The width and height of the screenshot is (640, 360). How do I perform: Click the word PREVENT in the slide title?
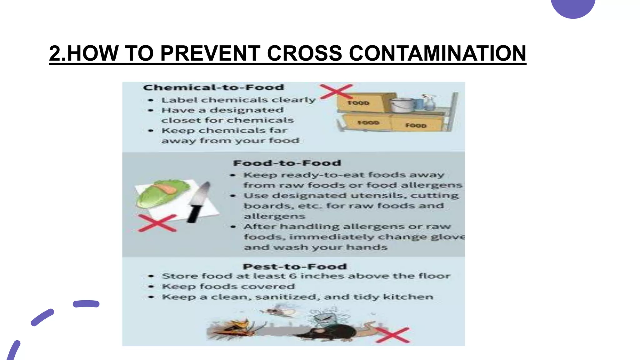click(210, 53)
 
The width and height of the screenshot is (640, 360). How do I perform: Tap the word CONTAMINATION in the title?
click(437, 53)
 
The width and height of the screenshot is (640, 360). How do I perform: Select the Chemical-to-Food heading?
click(213, 87)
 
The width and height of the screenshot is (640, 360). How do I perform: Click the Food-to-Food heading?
click(287, 163)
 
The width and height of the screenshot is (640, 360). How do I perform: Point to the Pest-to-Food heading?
click(295, 267)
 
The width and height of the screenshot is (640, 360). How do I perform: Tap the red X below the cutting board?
click(157, 223)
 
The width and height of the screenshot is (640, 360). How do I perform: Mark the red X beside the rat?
click(392, 335)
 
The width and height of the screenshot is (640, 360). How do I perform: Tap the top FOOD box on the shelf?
click(359, 102)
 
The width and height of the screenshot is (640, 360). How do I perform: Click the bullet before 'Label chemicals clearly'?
click(151, 100)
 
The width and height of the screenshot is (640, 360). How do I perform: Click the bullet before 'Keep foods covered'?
click(151, 287)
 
